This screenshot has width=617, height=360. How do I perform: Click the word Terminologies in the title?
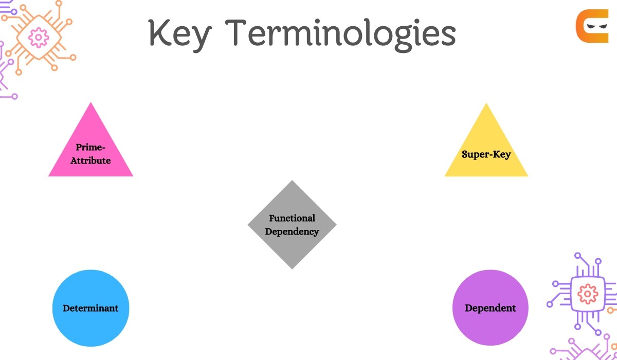click(342, 33)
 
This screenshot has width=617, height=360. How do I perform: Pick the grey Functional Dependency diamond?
click(292, 225)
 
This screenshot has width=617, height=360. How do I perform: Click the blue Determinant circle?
click(90, 308)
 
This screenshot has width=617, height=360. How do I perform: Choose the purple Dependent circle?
click(490, 308)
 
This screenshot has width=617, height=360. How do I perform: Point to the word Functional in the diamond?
click(292, 218)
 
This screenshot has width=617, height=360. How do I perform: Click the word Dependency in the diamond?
click(292, 231)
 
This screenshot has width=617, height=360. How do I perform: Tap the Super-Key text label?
click(486, 154)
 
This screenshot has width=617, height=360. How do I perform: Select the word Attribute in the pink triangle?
click(90, 160)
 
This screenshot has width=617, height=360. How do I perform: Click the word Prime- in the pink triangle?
click(90, 147)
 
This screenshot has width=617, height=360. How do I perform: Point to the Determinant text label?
click(90, 308)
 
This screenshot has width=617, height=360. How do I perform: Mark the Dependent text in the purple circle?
click(490, 308)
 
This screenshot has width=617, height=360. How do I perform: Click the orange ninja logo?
click(592, 25)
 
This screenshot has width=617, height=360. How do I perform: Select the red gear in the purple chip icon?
click(585, 294)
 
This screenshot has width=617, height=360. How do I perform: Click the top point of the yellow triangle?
click(486, 104)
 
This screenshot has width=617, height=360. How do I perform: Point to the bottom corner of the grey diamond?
click(292, 268)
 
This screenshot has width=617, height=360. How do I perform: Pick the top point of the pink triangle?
click(90, 103)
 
